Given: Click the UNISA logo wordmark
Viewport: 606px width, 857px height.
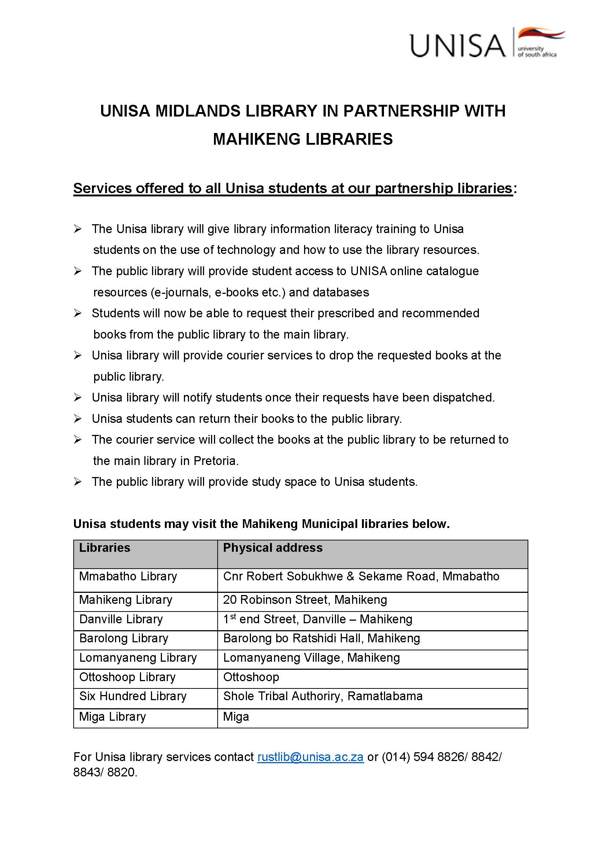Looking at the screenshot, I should coord(458,45).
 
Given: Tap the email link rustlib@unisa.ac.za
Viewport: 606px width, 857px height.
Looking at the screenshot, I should coord(310,757).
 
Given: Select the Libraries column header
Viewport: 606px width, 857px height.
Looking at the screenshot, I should coord(104,547).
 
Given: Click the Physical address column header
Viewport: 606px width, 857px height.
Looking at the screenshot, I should coord(273,547).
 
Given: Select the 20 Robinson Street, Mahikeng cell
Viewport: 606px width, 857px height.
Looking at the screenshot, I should coord(305,599).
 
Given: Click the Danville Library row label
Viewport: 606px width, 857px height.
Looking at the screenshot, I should coord(121,619).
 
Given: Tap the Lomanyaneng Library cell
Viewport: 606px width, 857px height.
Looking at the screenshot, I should coord(138,657).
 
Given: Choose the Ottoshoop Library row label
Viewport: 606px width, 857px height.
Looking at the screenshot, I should coord(127,677).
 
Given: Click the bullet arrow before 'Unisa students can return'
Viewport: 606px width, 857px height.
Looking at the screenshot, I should coord(78,419).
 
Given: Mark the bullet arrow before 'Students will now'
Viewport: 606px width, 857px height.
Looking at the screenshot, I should coord(78,313).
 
